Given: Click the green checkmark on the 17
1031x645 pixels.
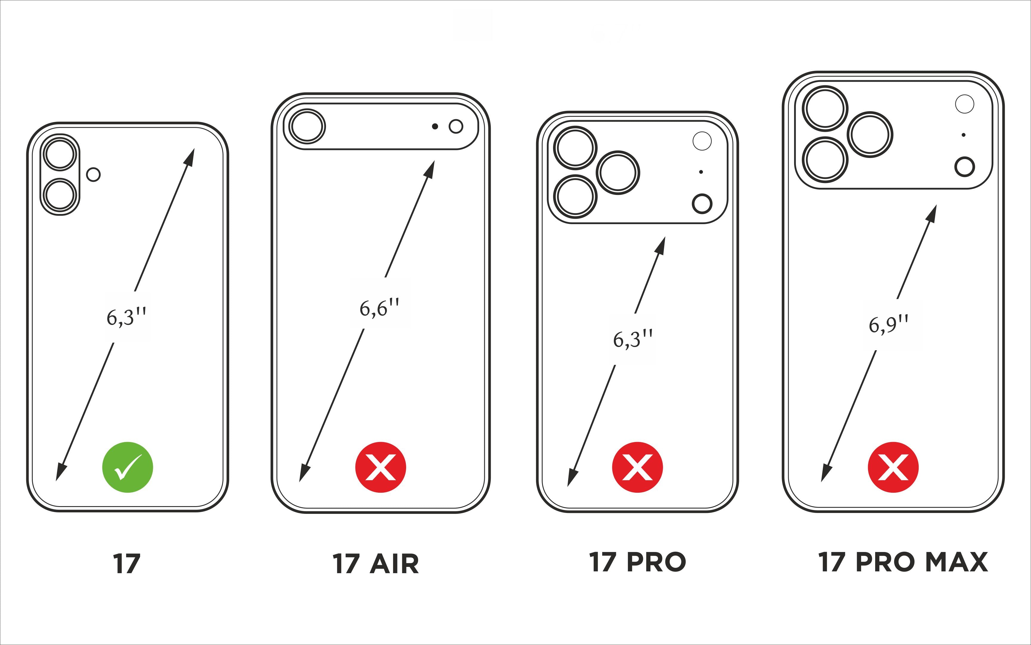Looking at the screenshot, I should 128,467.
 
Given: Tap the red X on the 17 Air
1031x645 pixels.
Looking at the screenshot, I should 380,467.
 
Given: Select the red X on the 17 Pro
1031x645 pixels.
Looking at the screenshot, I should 637,467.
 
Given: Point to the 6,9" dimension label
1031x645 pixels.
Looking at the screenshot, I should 889,324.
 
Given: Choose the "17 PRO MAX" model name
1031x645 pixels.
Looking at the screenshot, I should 903,562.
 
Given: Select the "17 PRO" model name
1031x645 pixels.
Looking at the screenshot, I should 637,562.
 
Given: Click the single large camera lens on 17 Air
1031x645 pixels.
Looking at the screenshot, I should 307,126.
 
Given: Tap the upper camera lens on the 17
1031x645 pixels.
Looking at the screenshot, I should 60,154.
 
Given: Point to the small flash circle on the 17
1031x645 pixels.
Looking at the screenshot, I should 93,174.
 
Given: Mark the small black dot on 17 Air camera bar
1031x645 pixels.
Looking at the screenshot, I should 435,126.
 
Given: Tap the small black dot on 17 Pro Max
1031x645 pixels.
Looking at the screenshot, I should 964,135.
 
